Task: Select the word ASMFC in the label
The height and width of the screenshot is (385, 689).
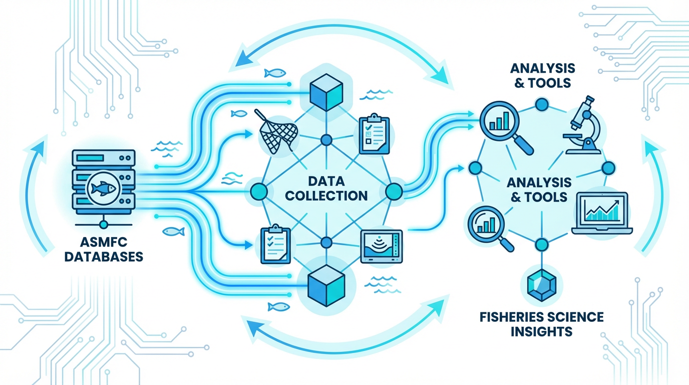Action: point(106,242)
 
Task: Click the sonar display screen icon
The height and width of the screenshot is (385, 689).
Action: point(381,247)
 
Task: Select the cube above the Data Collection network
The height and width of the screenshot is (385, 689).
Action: point(326,91)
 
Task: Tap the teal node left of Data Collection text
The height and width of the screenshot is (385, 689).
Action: point(258,191)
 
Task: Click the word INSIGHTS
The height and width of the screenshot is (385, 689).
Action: point(541,331)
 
